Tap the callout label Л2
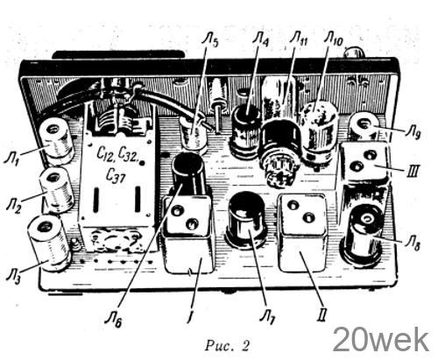click(x=13, y=206)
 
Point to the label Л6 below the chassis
click(x=113, y=320)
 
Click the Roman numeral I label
click(x=190, y=316)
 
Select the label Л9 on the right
click(x=413, y=133)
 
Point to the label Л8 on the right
click(x=413, y=244)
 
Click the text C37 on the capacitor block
click(x=116, y=176)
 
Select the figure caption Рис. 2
click(x=227, y=345)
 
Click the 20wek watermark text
click(x=381, y=340)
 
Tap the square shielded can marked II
click(x=302, y=233)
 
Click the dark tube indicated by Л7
click(x=248, y=220)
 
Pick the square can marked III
click(x=364, y=162)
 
